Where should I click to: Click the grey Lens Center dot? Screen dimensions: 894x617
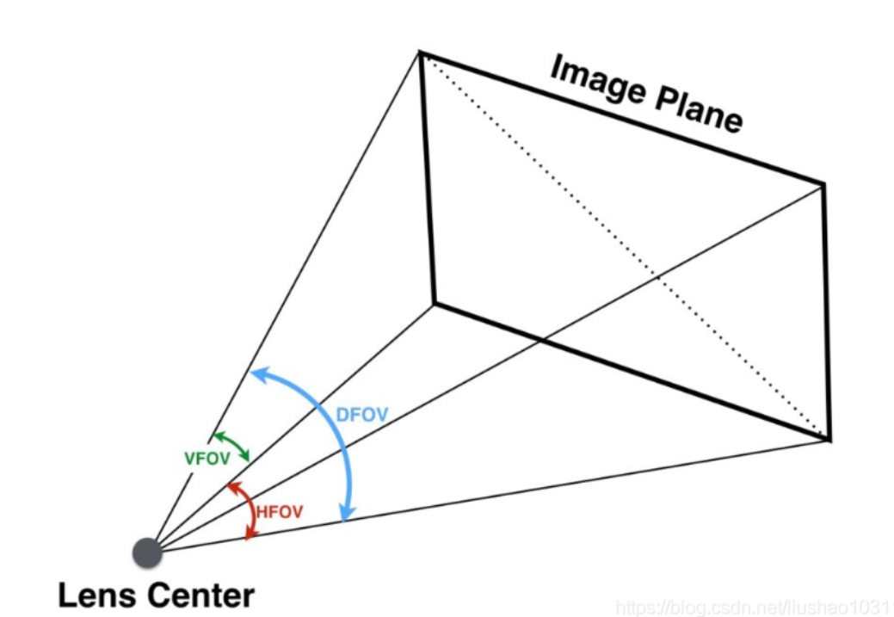coord(147,552)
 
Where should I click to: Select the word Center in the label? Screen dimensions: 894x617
coord(199,595)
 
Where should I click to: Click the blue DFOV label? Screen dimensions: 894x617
coord(361,415)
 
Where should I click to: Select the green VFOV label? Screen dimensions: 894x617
coord(207,459)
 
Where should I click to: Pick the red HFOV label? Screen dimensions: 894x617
coord(280,512)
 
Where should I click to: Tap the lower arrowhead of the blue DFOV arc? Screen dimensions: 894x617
coord(345,517)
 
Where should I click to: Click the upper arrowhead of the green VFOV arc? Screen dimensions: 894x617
coord(216,435)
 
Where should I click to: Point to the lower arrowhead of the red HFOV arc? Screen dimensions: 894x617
coord(250,535)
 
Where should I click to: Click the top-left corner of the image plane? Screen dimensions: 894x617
coord(420,52)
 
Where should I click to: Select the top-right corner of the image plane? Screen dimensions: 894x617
coord(824,183)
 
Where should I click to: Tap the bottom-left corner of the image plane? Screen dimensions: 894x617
coord(434,303)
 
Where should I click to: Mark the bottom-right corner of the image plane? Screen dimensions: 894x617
coord(829,440)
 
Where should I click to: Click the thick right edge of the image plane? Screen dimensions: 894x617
coord(827,310)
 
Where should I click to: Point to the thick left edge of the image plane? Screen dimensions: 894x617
coord(427,176)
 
